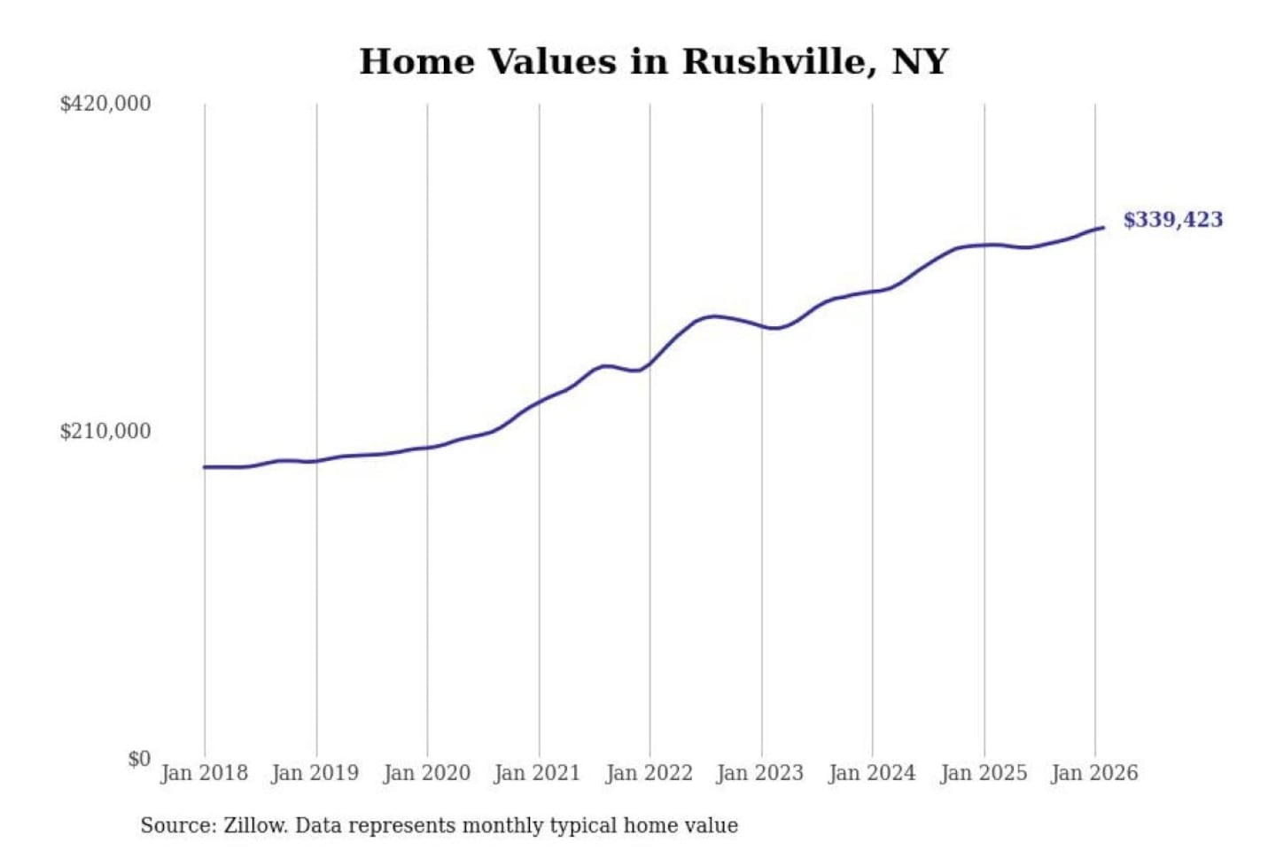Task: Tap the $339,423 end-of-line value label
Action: [x=1172, y=219]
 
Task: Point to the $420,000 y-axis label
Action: [x=105, y=104]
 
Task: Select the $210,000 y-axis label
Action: [x=105, y=432]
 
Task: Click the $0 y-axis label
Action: [x=138, y=759]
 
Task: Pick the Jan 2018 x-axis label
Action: [x=204, y=773]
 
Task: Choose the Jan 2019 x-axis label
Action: [x=315, y=773]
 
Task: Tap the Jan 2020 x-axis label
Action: [x=426, y=773]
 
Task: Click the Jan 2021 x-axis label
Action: [x=537, y=773]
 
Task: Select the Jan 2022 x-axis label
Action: [x=649, y=773]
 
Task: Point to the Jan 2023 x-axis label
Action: [x=759, y=773]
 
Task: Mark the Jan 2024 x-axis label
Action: [x=871, y=773]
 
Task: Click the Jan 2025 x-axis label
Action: [x=983, y=773]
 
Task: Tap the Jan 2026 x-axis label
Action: [x=1093, y=773]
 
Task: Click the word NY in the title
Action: [x=920, y=61]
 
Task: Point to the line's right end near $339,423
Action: [x=1103, y=228]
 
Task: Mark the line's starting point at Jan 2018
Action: [x=205, y=467]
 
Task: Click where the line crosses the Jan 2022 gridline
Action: [x=650, y=363]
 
